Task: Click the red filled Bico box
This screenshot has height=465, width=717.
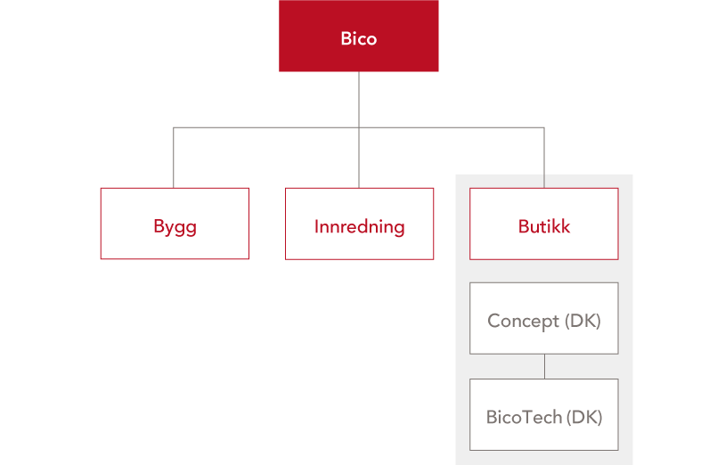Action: (x=358, y=36)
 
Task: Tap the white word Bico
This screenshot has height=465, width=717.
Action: (x=358, y=39)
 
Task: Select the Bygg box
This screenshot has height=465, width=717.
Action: (x=175, y=224)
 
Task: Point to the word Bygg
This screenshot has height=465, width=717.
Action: (x=175, y=228)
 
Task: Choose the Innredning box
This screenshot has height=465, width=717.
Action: (x=360, y=224)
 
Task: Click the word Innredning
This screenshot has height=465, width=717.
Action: (x=360, y=227)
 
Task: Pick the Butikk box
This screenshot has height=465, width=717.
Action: (x=544, y=224)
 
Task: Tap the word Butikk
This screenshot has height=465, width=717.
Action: (x=544, y=226)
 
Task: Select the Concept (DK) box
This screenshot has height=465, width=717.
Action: (x=544, y=318)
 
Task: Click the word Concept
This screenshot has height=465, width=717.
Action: (x=523, y=322)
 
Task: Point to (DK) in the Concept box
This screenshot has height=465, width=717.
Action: (x=583, y=321)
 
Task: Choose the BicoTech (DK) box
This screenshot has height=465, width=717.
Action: (x=544, y=415)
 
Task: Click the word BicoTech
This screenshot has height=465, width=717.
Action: (x=524, y=417)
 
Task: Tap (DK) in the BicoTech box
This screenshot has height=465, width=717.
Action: (x=584, y=417)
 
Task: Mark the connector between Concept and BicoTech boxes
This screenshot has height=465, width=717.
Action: (x=544, y=367)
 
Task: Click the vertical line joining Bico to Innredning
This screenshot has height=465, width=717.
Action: (x=359, y=130)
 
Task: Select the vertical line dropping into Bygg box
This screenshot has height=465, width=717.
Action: (x=174, y=158)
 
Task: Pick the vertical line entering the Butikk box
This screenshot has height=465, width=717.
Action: (x=544, y=158)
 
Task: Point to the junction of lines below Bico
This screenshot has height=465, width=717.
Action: (x=359, y=127)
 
